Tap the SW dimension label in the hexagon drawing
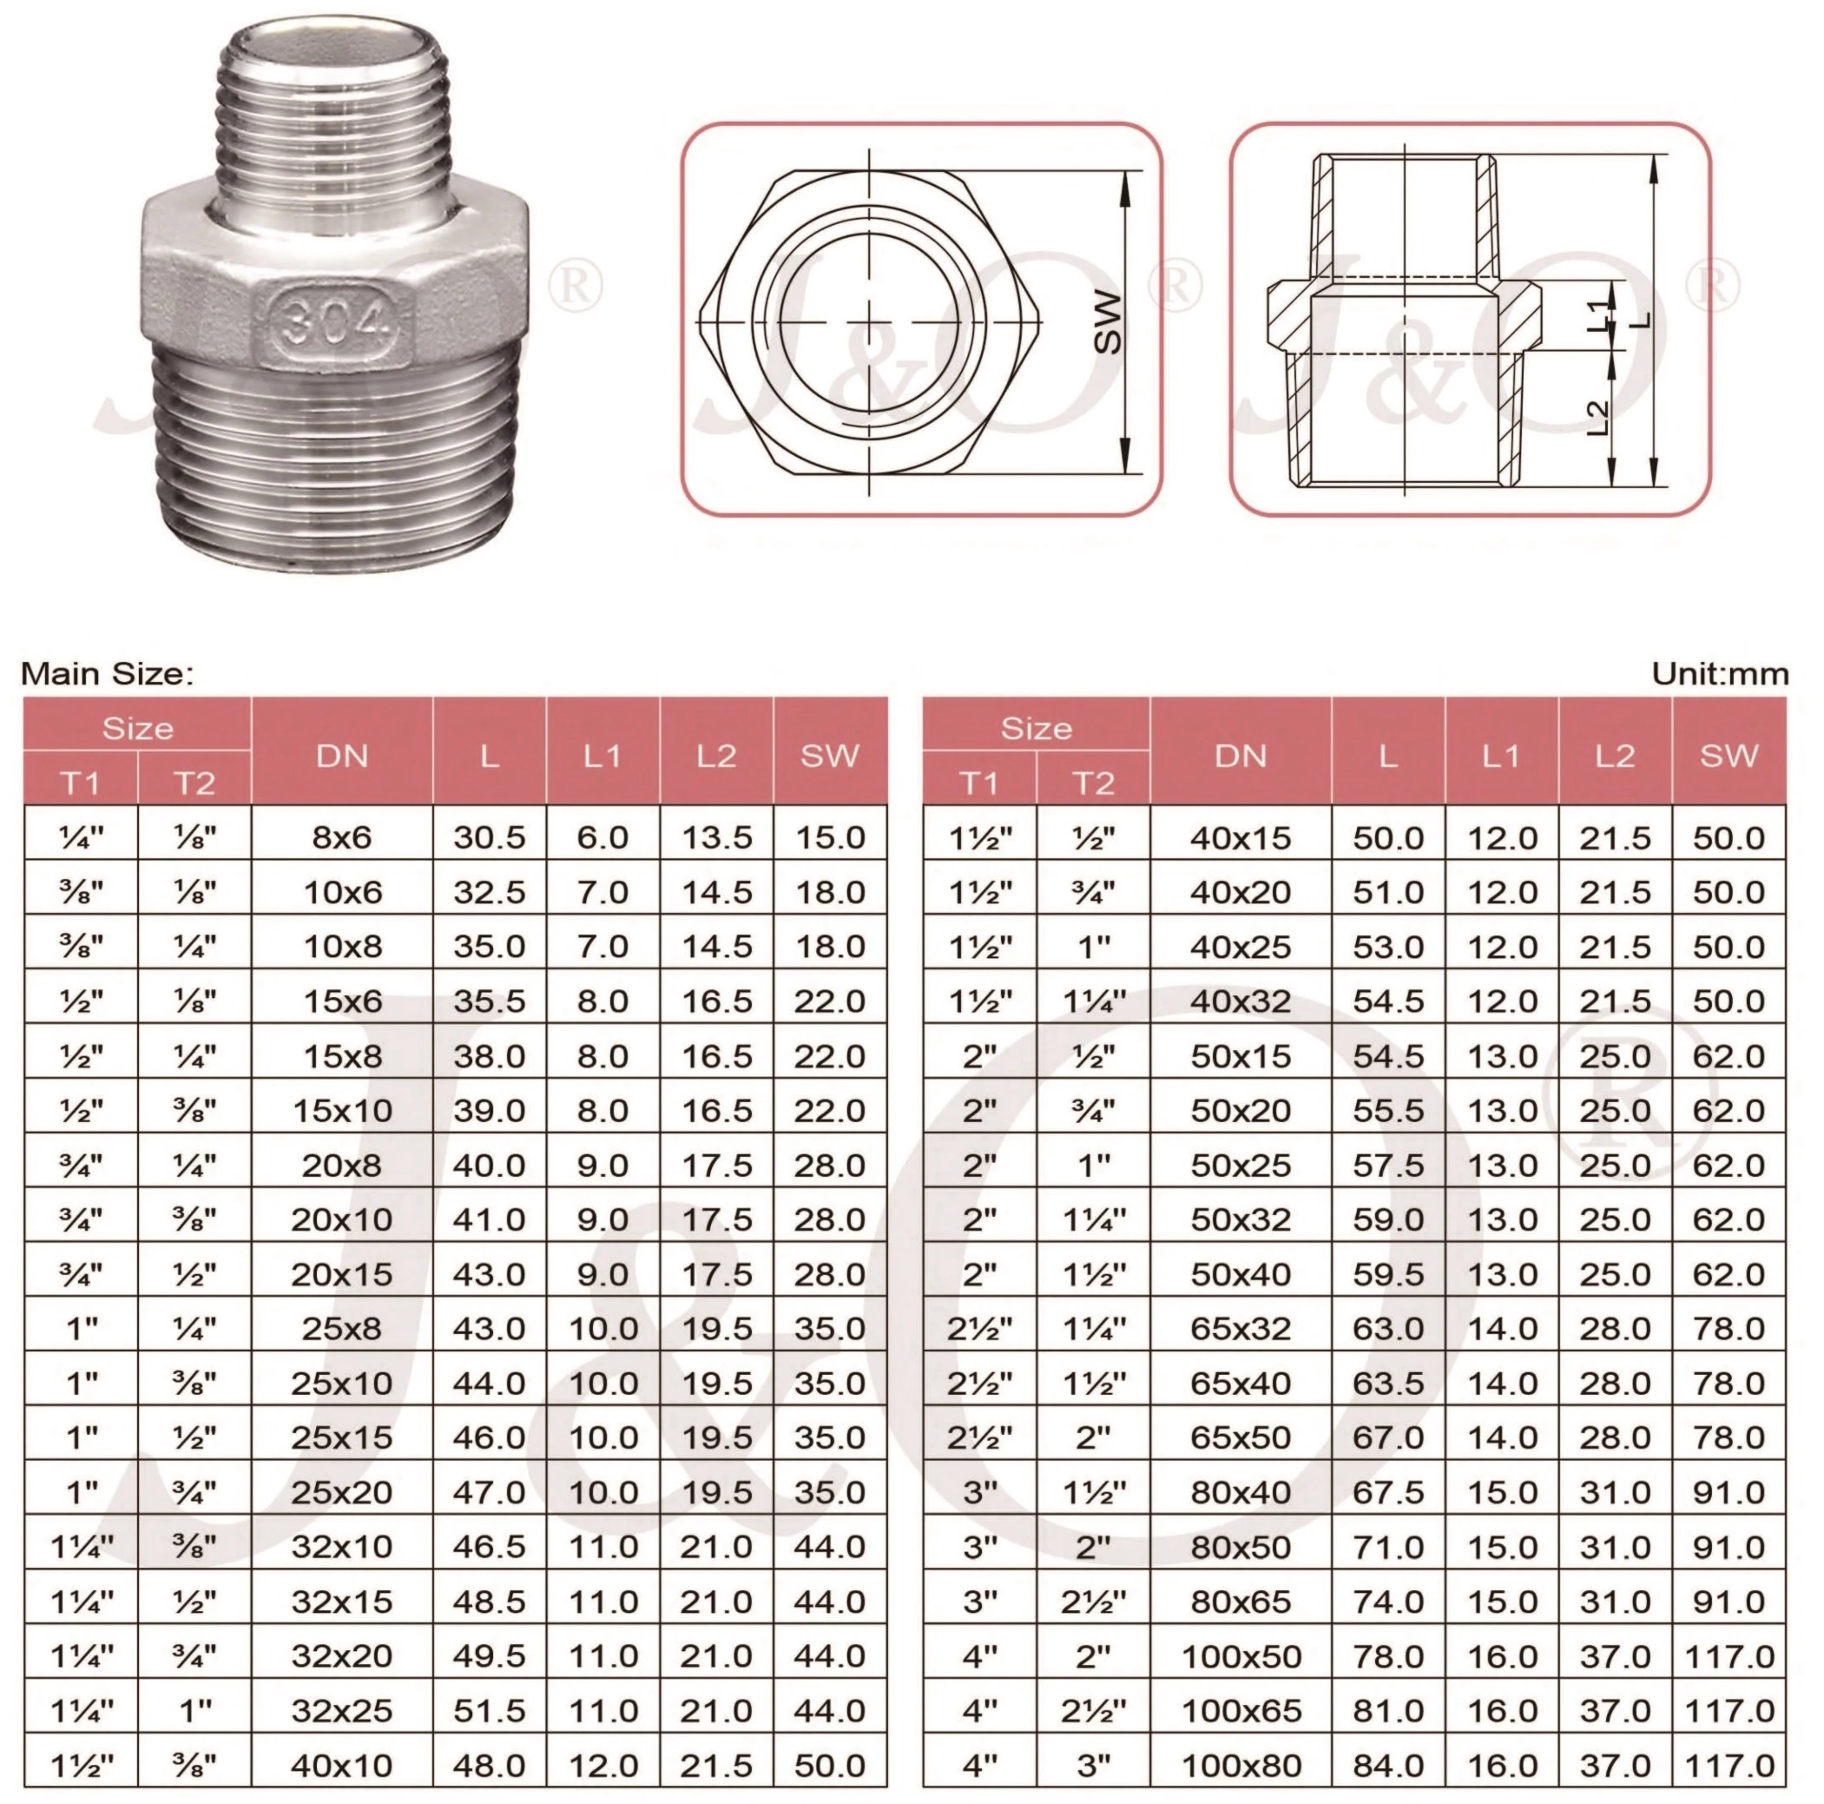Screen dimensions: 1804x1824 (1109, 322)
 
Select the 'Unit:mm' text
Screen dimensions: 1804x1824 (1719, 673)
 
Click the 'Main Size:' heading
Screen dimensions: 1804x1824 (107, 673)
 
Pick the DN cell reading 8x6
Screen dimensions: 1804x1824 (342, 836)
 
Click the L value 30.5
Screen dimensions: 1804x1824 (489, 836)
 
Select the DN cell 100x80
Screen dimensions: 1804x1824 (1241, 1765)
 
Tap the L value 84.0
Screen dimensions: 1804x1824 (1388, 1765)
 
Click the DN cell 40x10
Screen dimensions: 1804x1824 (342, 1765)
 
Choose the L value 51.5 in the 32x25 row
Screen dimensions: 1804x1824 (489, 1710)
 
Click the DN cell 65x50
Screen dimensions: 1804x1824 (1241, 1437)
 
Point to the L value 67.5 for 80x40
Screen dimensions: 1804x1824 (1388, 1492)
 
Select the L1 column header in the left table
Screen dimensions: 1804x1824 (603, 756)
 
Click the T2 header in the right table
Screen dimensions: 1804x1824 (1093, 783)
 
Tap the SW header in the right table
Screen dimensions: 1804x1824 (1729, 756)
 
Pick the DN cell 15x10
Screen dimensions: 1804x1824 (342, 1110)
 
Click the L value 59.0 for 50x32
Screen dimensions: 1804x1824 (1388, 1219)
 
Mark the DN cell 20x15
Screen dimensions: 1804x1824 (342, 1274)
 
